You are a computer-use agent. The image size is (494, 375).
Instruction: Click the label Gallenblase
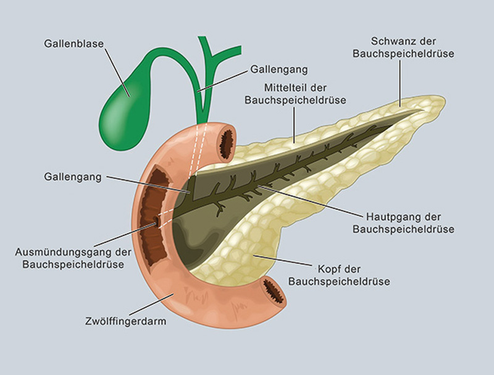(x=73, y=43)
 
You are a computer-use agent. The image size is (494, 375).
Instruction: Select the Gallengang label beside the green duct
(x=279, y=69)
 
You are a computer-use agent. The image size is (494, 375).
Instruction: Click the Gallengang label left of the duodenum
(x=73, y=177)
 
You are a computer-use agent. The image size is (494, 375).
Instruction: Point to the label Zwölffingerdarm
(x=126, y=321)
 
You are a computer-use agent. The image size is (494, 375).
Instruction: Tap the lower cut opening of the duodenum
(x=273, y=289)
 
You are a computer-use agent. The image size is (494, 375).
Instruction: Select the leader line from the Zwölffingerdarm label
(x=151, y=305)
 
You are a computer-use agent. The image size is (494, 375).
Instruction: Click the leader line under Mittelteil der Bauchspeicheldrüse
(x=295, y=125)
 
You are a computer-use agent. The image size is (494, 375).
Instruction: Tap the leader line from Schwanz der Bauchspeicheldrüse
(x=400, y=84)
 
